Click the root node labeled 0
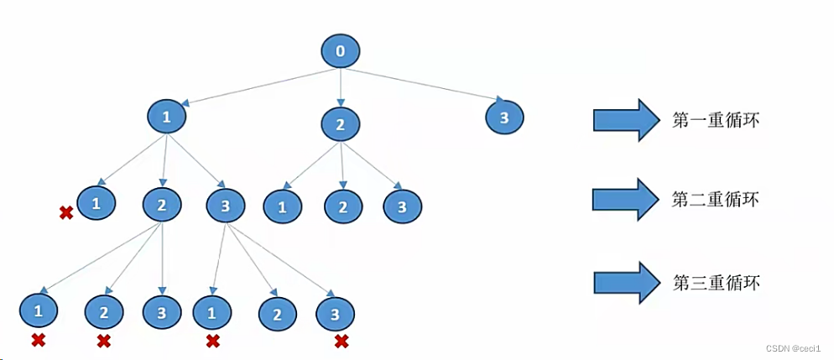click(340, 51)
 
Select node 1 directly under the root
click(166, 117)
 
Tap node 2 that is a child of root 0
click(340, 125)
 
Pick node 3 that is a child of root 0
click(504, 117)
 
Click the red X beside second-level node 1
click(65, 214)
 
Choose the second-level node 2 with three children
click(162, 204)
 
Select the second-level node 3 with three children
click(225, 205)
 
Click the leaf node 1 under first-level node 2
click(282, 206)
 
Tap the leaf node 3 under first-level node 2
click(403, 206)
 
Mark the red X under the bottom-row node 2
click(104, 341)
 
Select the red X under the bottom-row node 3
click(341, 341)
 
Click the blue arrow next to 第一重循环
click(627, 120)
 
